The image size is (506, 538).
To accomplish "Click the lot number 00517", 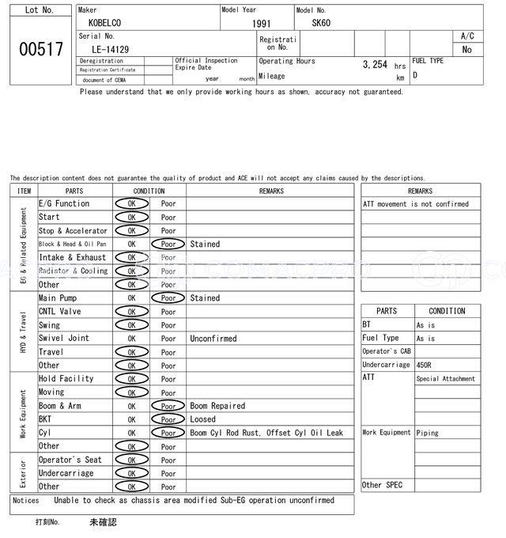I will pos(40,49).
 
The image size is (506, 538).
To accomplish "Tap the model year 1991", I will pos(261,24).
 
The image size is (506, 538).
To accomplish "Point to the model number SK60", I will pos(321,23).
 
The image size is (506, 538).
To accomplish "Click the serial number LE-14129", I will pos(104,49).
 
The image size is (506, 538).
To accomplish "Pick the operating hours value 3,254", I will pos(375,64).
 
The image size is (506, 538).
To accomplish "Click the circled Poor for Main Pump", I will pos(168,298).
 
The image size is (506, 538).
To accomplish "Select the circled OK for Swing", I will pos(131,325).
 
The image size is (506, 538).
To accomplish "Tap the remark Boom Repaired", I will pos(217,406).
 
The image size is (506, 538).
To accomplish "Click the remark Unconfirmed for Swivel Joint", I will pos(213,339).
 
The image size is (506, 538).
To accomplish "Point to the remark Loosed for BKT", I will pos(202,419).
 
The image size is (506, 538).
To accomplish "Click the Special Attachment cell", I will pos(446,379).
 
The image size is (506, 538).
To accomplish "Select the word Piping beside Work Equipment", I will pos(429,433).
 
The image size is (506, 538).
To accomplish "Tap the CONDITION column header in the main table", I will pos(149,191).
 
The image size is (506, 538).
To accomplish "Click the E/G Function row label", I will pos(64,204).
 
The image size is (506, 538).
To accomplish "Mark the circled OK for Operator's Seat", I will pos(131,460).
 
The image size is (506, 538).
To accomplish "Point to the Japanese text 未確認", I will pos(102,522).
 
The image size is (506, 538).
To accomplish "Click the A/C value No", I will pos(466,50).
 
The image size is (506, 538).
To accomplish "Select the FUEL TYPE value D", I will pos(415,76).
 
